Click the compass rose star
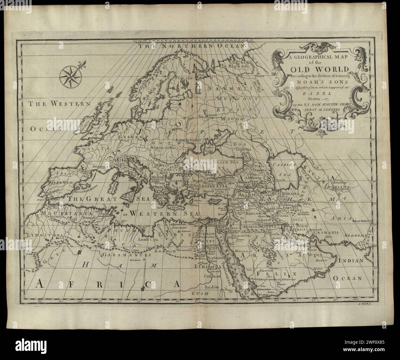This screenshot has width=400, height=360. [x=69, y=75]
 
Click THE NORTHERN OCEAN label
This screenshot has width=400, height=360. [x=192, y=46]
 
